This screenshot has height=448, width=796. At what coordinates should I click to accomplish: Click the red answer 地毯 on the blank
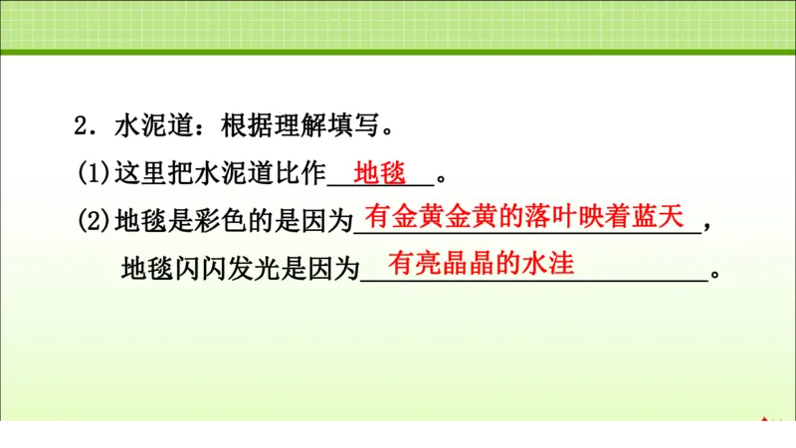pos(380,172)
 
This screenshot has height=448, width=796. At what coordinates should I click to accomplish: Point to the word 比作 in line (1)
pos(300,173)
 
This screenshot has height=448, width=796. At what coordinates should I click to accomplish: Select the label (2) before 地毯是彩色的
pos(96,221)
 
